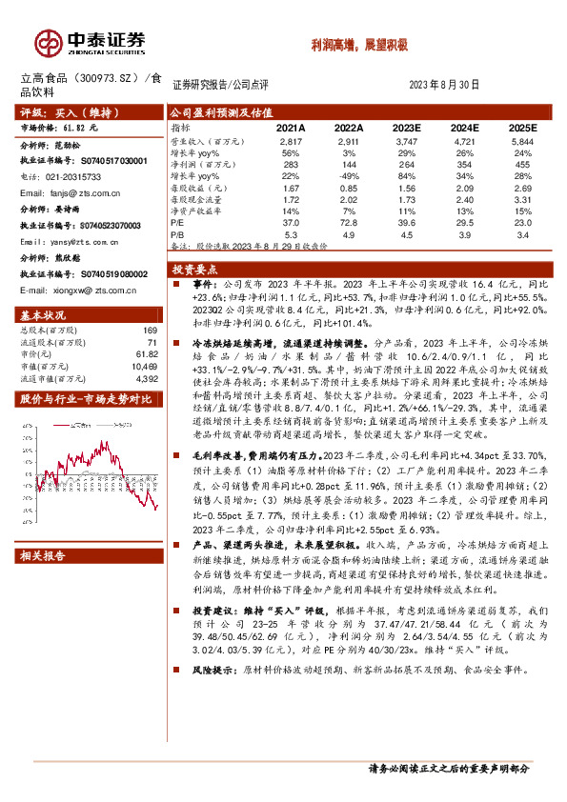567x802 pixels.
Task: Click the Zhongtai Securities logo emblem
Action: [49, 43]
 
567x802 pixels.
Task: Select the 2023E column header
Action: [407, 127]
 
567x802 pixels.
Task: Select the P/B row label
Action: [177, 233]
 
